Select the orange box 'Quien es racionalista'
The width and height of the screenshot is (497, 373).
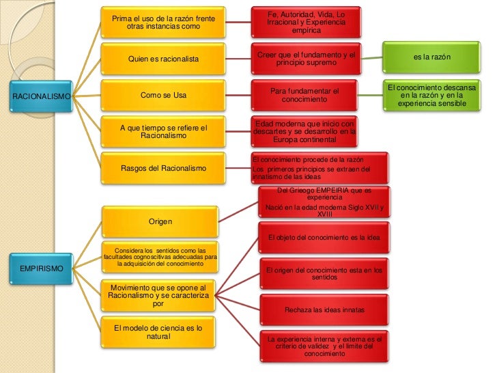click(163, 59)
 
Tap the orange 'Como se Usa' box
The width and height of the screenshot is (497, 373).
click(163, 96)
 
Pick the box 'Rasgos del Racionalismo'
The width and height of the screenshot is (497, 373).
click(163, 168)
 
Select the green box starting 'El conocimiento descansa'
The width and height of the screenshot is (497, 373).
click(432, 96)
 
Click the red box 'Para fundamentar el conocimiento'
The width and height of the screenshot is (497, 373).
click(304, 96)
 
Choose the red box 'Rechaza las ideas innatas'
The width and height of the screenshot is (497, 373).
click(324, 309)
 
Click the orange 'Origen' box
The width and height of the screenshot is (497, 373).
click(160, 222)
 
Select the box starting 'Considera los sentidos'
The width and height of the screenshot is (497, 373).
click(160, 256)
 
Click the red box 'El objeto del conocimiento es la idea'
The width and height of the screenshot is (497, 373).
click(324, 238)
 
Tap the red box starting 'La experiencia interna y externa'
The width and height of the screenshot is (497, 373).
click(324, 346)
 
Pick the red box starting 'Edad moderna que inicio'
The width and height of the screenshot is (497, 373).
click(304, 131)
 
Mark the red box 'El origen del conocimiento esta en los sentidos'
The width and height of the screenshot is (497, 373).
click(324, 274)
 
